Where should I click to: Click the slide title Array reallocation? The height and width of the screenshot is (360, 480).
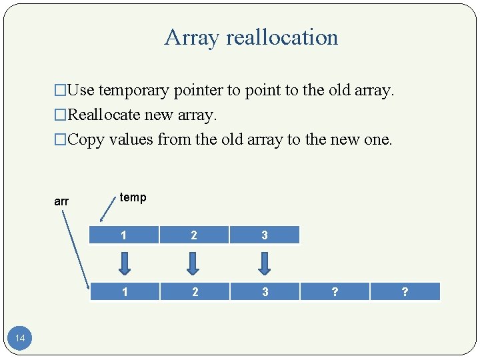point(251,37)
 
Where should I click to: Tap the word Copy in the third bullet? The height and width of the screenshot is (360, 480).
point(85,139)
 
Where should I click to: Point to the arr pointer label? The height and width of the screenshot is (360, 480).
point(61,201)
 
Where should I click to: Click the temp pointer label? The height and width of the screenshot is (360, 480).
point(133,197)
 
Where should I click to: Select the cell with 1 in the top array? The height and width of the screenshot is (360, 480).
point(123,235)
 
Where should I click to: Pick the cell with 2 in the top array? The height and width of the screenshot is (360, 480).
point(194,235)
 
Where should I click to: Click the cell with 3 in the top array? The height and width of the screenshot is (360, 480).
point(265,235)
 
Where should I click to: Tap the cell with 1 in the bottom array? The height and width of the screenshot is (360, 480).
point(123,291)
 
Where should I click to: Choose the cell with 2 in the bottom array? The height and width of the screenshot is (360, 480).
point(194,291)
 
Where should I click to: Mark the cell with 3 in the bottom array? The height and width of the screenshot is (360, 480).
point(265,291)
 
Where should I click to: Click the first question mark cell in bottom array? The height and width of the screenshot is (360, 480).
point(335,291)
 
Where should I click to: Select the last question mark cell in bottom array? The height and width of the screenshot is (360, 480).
point(405,291)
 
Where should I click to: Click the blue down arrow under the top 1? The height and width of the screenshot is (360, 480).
point(123,263)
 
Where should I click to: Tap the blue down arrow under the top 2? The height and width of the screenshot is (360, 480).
point(193,263)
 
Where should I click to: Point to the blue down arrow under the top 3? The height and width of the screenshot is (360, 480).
point(265,263)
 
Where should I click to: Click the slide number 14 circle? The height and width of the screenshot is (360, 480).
point(20,339)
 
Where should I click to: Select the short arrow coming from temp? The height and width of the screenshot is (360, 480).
point(106,211)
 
